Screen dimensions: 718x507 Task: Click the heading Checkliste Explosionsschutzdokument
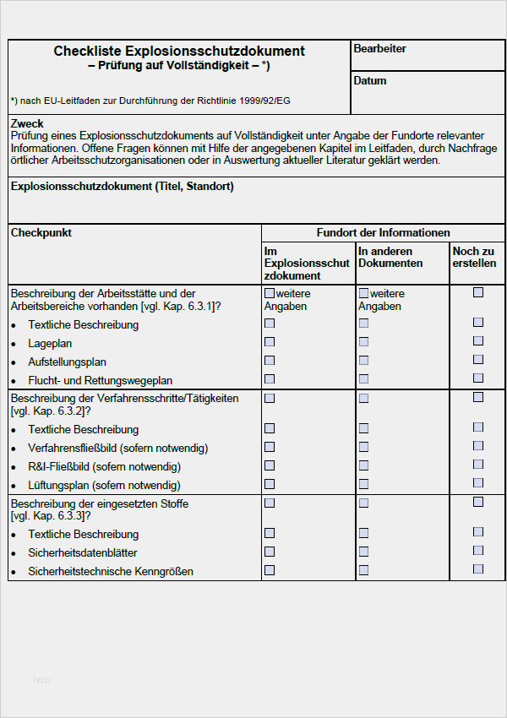[179, 52]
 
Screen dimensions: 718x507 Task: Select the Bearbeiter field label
[379, 49]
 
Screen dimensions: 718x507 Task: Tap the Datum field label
[370, 81]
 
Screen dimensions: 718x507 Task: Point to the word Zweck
[27, 123]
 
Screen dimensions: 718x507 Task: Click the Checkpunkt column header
[41, 232]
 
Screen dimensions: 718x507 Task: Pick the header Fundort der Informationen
[383, 232]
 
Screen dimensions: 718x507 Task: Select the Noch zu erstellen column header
[474, 258]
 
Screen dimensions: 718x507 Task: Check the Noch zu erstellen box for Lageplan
[478, 341]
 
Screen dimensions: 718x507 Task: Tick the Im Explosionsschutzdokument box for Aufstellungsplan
[270, 361]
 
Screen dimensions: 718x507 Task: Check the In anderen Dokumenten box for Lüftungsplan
[363, 484]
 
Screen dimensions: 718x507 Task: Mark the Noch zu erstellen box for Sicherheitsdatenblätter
[478, 551]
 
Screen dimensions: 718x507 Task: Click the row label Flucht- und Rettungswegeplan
[101, 380]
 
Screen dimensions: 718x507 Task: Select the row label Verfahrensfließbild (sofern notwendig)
[117, 448]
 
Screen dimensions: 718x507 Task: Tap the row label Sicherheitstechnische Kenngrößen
[111, 572]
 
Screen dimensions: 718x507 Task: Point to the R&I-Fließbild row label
[104, 466]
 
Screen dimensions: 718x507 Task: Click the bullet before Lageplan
[14, 345]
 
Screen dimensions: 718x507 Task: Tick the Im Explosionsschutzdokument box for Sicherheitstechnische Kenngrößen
[270, 570]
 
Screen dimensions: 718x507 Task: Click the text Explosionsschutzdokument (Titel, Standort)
[123, 187]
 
